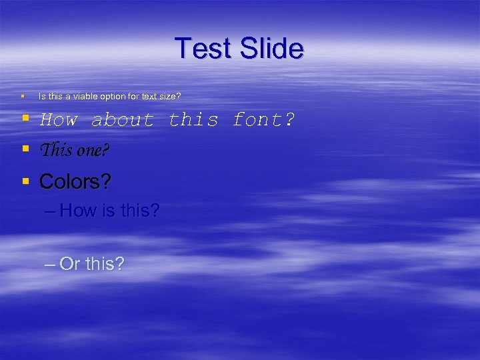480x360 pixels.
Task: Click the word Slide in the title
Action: click(271, 49)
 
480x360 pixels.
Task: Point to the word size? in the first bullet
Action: click(169, 97)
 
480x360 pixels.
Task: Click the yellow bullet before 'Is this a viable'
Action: click(23, 97)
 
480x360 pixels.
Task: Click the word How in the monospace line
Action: click(59, 121)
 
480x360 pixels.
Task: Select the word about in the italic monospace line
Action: click(123, 121)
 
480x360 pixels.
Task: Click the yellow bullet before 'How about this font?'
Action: click(25, 119)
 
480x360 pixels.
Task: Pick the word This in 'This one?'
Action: click(56, 151)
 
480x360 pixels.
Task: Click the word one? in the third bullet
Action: click(93, 151)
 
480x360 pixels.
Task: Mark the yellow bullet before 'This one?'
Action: click(25, 149)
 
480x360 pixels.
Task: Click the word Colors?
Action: click(75, 181)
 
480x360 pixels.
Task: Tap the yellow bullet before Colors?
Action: click(25, 180)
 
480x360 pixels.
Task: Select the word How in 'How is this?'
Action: click(78, 211)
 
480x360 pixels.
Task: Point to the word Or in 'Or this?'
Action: click(70, 264)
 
